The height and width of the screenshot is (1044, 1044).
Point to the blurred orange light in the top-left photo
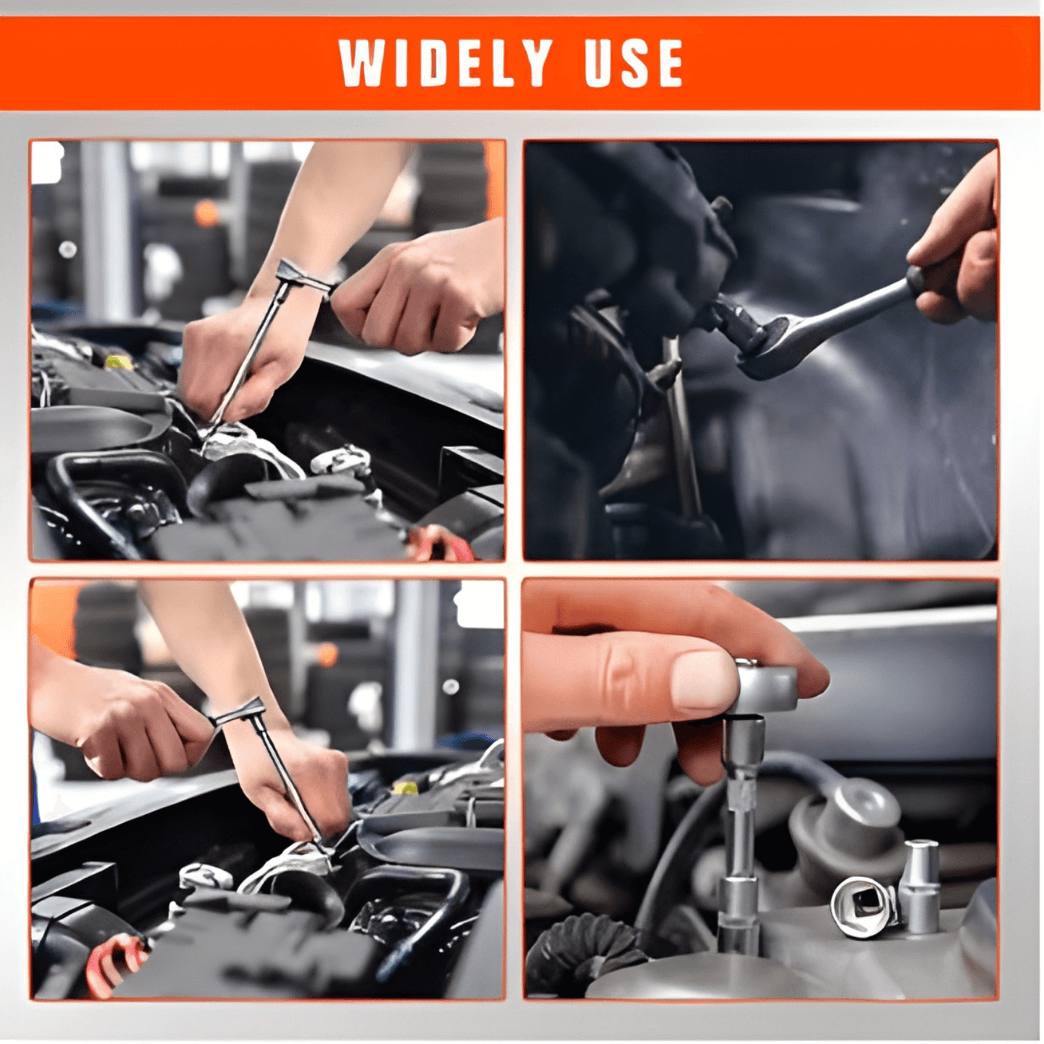click(x=207, y=213)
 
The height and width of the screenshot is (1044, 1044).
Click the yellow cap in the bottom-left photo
click(x=405, y=788)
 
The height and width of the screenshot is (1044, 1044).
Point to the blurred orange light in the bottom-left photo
click(x=327, y=654)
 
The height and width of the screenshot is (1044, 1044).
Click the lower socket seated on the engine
click(x=738, y=914)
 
